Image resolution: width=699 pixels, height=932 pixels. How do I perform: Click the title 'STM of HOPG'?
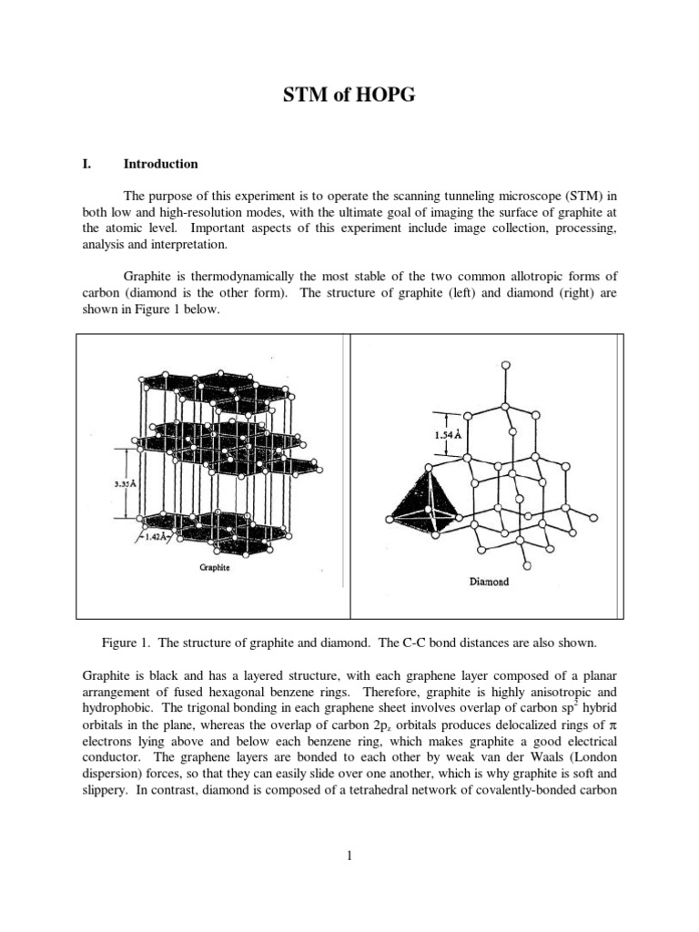tap(349, 95)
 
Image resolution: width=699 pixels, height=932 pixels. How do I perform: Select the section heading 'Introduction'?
tap(161, 165)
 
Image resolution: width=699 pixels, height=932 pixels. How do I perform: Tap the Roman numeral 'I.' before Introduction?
tap(88, 165)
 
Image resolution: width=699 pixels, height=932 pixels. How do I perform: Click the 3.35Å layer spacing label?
tap(114, 484)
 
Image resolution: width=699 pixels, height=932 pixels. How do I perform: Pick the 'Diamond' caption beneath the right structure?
tap(489, 582)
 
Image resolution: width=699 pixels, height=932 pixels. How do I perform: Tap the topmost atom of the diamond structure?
tap(505, 366)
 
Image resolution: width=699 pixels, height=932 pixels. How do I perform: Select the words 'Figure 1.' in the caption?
tap(127, 643)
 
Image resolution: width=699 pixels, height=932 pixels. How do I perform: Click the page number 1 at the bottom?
tap(349, 855)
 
